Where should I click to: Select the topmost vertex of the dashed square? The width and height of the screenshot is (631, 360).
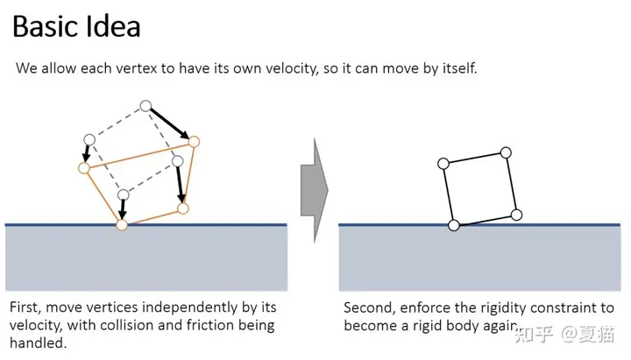145,106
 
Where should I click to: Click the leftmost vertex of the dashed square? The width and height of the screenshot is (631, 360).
89,139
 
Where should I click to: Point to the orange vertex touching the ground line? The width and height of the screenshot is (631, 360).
122,225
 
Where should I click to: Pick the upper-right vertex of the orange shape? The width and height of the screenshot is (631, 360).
195,140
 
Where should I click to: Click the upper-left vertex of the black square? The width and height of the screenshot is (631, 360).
443,163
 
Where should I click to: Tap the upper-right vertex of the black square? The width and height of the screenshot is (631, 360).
506,152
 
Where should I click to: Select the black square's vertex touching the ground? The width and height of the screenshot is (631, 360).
453,225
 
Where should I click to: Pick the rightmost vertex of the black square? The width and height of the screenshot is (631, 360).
516,215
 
